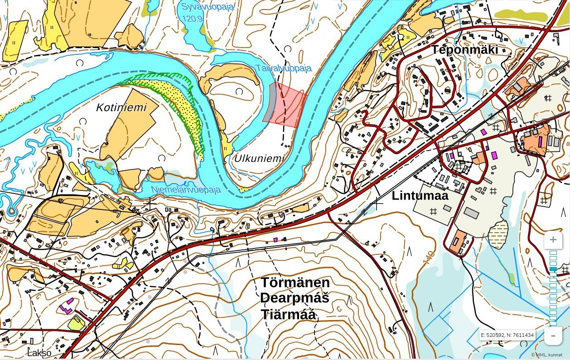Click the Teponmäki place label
464,49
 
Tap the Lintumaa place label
420,195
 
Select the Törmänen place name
295,282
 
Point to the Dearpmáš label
295,298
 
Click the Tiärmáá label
288,314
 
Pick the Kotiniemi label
121,107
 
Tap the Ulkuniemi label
259,159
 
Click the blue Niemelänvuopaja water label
186,190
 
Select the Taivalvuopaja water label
284,68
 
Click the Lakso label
39,353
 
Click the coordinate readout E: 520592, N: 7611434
507,335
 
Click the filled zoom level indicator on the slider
553,269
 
